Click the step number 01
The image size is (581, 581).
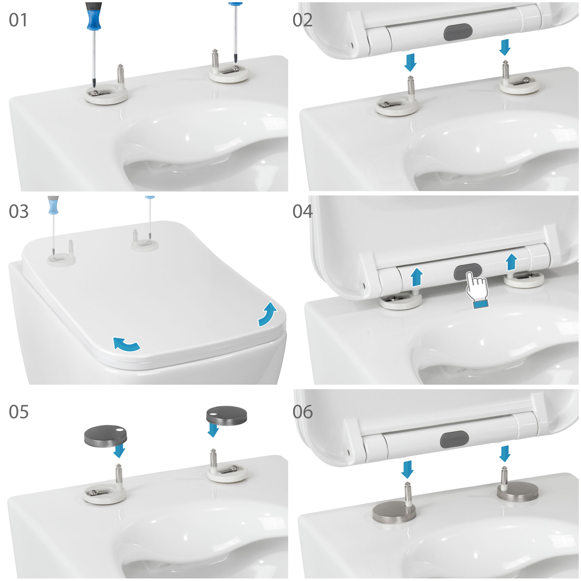tap(18, 20)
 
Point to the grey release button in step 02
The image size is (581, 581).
tap(458, 32)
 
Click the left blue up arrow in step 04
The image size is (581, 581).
tap(417, 277)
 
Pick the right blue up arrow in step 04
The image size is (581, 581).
tap(511, 262)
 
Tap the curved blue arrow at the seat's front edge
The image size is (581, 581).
tap(126, 344)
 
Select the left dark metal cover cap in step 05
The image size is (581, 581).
tap(105, 436)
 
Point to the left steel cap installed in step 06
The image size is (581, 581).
tap(394, 513)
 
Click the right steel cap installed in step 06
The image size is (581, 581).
tap(518, 492)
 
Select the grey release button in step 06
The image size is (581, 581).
tap(454, 439)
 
